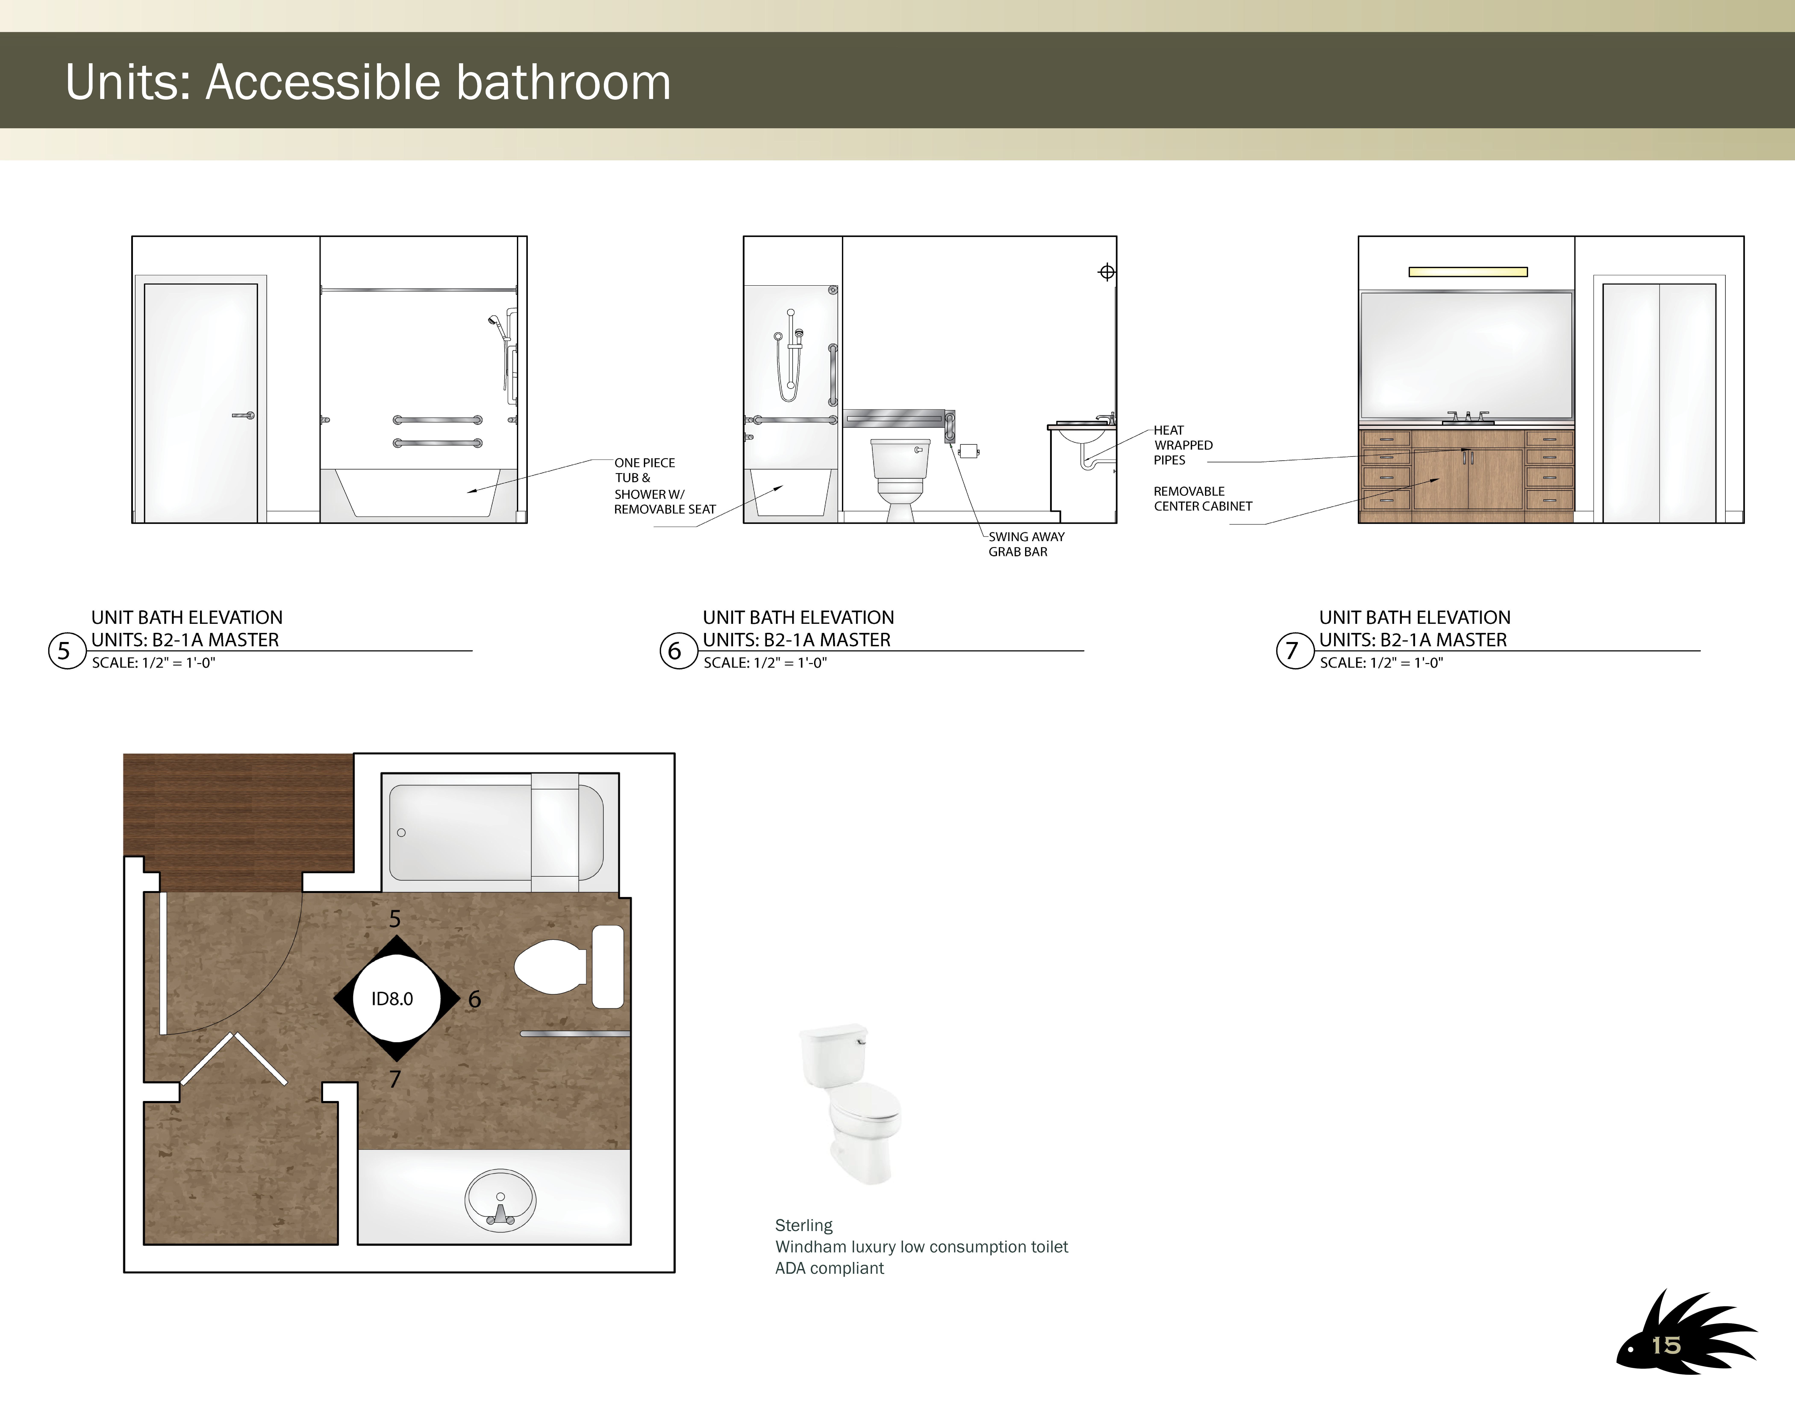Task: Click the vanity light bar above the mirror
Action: pos(1468,272)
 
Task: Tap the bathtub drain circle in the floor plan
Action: pos(401,833)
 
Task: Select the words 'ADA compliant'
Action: pos(829,1268)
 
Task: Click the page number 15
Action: pos(1666,1346)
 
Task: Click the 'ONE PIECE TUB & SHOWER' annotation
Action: pos(665,486)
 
